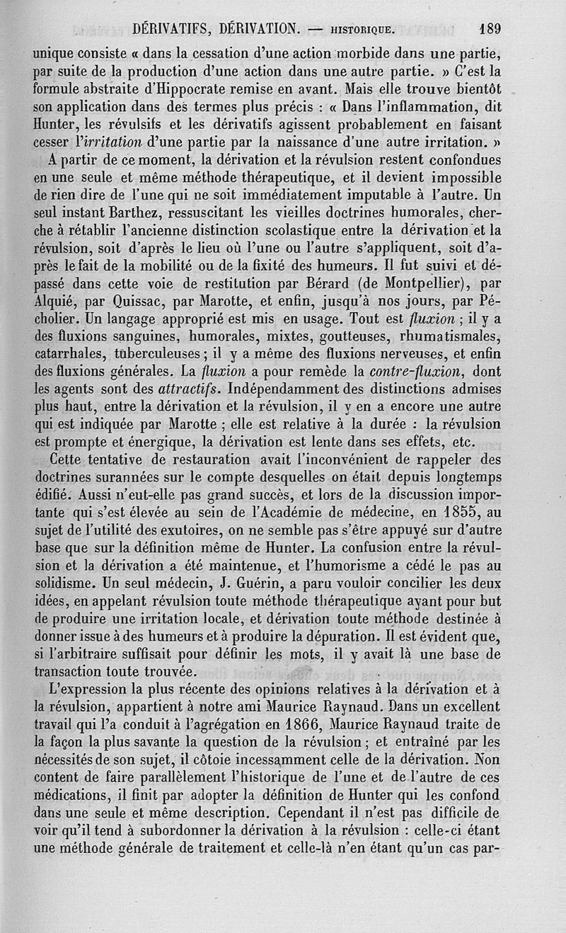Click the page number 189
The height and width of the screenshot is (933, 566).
click(490, 29)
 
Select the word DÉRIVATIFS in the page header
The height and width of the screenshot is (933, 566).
click(173, 29)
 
